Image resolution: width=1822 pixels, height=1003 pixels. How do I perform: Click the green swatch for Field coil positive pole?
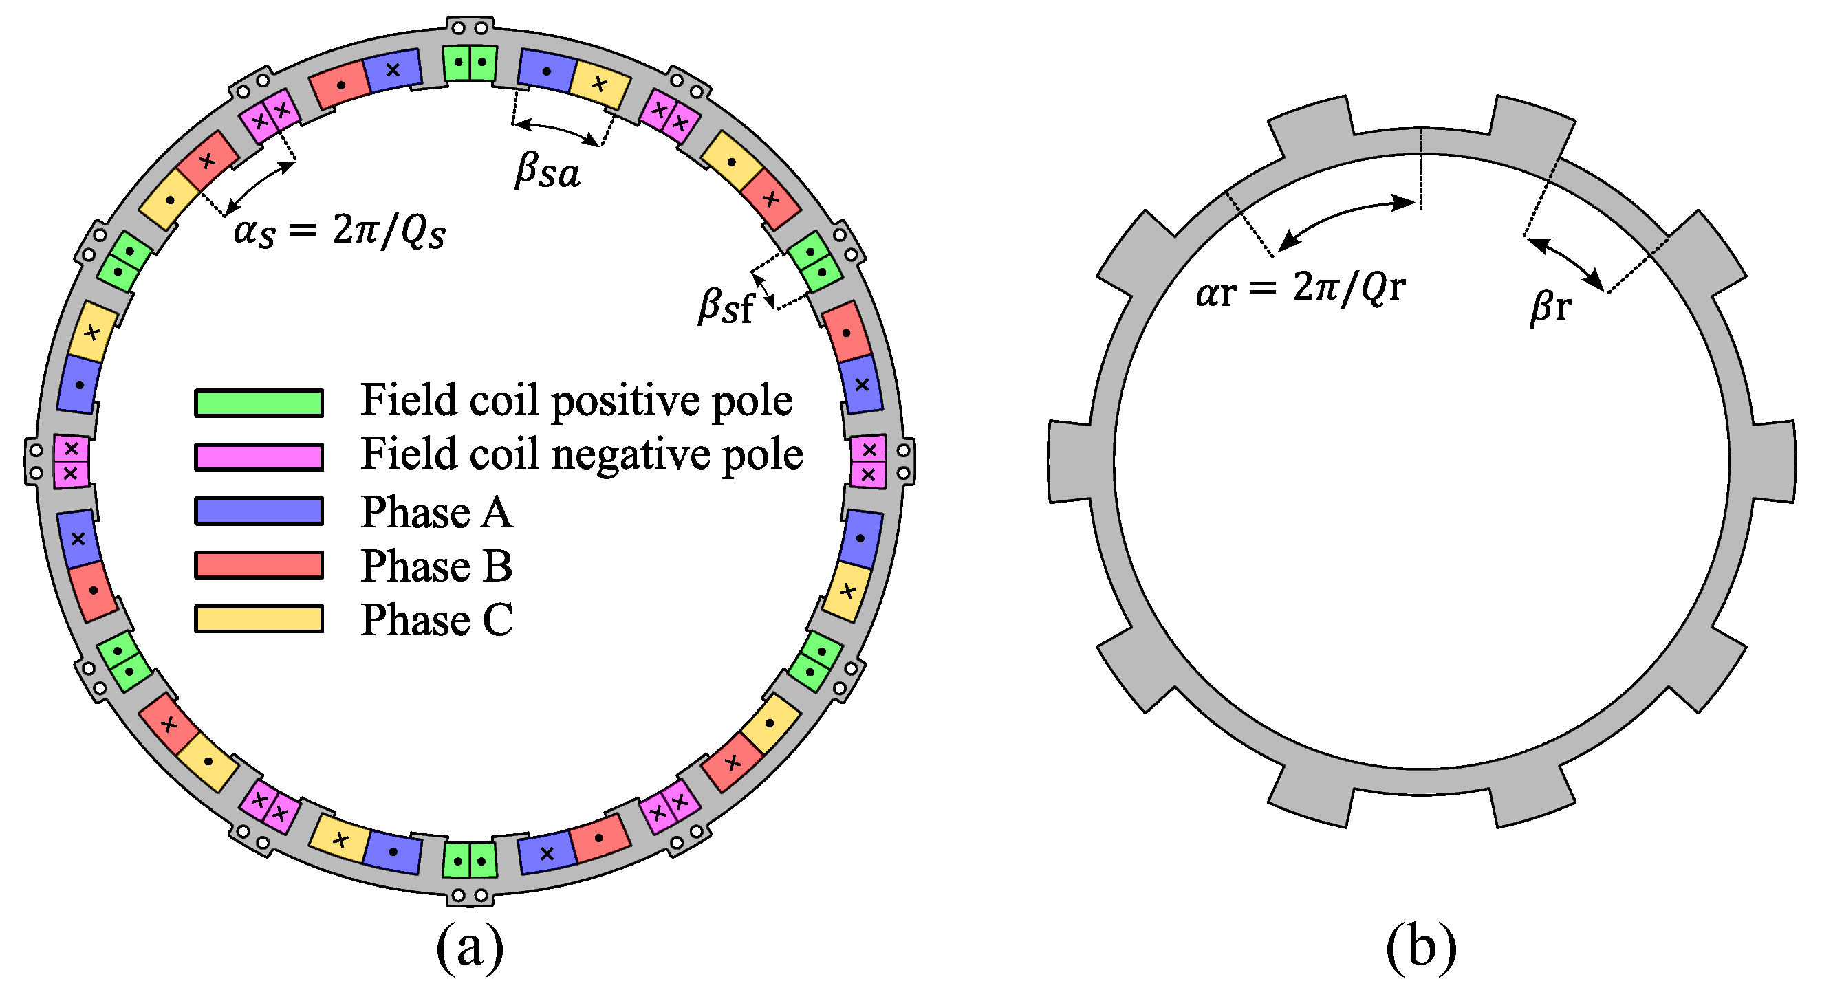tap(259, 403)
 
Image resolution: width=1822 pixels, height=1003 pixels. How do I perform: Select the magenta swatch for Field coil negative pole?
tap(259, 456)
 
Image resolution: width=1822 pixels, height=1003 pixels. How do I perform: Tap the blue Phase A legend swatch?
tap(259, 511)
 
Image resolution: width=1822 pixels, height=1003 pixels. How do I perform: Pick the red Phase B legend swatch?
tap(259, 565)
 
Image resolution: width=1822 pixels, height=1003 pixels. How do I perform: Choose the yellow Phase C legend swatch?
tap(259, 619)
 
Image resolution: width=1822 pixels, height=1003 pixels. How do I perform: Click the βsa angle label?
tap(547, 172)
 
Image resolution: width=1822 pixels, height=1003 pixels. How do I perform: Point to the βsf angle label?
tap(726, 306)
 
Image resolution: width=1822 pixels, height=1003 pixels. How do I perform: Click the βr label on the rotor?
tap(1551, 307)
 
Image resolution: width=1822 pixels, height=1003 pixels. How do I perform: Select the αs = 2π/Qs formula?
tap(340, 231)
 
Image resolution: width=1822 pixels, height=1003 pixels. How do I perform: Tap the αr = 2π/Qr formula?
tap(1300, 289)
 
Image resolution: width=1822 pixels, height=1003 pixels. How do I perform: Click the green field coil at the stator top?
tap(470, 63)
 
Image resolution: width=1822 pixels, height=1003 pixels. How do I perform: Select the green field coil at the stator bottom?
tap(470, 860)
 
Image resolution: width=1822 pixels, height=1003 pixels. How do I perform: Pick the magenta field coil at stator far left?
tap(71, 461)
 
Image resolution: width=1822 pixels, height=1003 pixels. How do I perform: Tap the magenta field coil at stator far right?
tap(869, 461)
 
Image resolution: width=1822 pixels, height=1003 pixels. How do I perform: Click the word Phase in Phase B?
tap(415, 566)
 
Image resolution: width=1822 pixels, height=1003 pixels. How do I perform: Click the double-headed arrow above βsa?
tap(556, 131)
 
